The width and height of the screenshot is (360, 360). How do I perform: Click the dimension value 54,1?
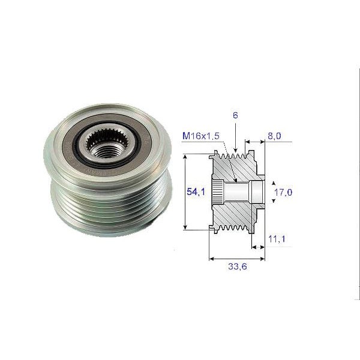193,191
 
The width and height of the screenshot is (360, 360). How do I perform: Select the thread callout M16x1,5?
200,137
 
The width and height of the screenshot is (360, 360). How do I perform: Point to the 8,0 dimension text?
274,137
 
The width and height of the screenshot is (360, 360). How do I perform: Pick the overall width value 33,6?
237,266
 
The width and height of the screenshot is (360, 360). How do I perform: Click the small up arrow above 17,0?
274,182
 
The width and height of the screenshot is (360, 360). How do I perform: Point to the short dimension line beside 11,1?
258,247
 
